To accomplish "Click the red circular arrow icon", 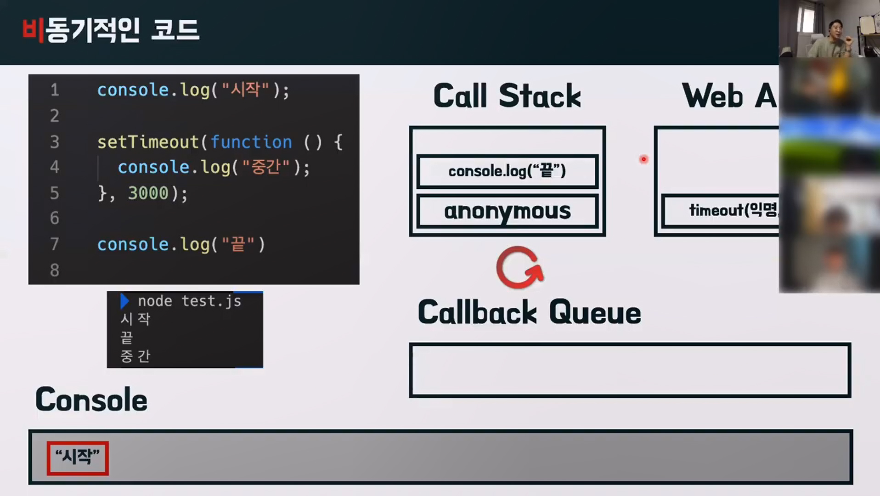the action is pos(519,268).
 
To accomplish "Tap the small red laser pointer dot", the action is pos(643,159).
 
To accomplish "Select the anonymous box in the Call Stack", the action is pos(507,211).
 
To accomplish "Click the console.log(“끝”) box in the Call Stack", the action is pos(507,171).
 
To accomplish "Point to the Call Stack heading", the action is pos(507,96).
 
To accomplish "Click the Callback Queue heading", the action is pos(529,313).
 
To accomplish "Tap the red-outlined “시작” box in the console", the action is pos(78,458).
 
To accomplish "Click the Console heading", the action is pos(91,400).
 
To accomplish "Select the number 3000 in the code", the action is pos(148,193).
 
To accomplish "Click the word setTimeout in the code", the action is pos(148,142).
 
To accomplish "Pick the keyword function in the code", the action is pos(251,142).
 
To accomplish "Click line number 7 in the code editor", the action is pos(55,244).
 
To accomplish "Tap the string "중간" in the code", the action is pos(266,167).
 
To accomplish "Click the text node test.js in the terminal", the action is pos(189,301).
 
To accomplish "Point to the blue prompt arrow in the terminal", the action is pos(124,301).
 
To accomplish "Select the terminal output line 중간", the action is pos(135,356).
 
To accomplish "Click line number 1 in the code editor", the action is pos(55,90).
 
